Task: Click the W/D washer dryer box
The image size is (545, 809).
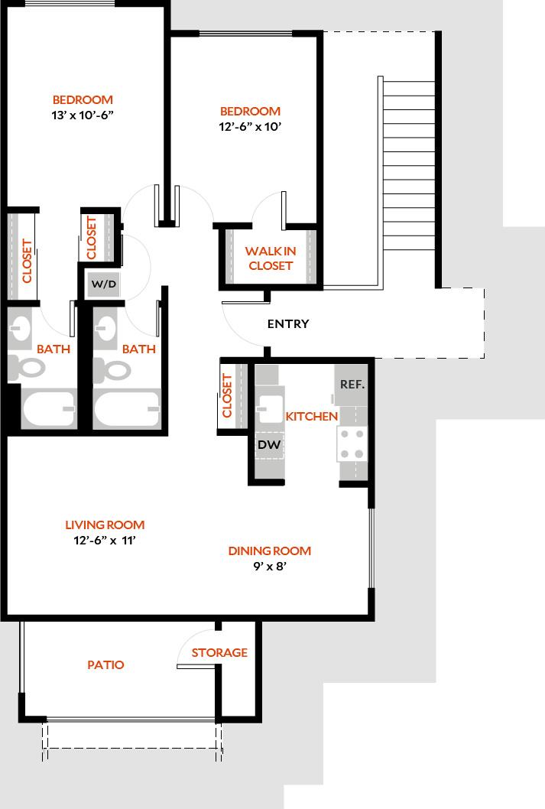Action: (104, 284)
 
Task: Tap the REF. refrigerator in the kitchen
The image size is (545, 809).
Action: (352, 385)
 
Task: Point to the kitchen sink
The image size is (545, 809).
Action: (268, 408)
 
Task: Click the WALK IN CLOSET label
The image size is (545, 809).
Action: (270, 258)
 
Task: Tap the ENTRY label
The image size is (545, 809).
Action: (288, 323)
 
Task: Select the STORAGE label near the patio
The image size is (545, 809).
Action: (219, 652)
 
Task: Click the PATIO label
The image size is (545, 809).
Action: (105, 664)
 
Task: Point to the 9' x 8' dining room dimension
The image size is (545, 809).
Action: (269, 567)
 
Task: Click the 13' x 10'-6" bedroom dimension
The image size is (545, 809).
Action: (83, 115)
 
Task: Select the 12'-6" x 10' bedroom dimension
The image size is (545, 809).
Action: (251, 127)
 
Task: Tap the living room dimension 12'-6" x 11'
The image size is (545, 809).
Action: (105, 541)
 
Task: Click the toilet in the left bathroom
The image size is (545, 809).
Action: (30, 369)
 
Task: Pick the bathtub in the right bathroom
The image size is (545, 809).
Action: (127, 409)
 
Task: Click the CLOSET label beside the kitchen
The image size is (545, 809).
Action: (227, 396)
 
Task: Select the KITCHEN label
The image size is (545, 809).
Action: (311, 417)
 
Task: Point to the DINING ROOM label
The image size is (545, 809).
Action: (269, 551)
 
